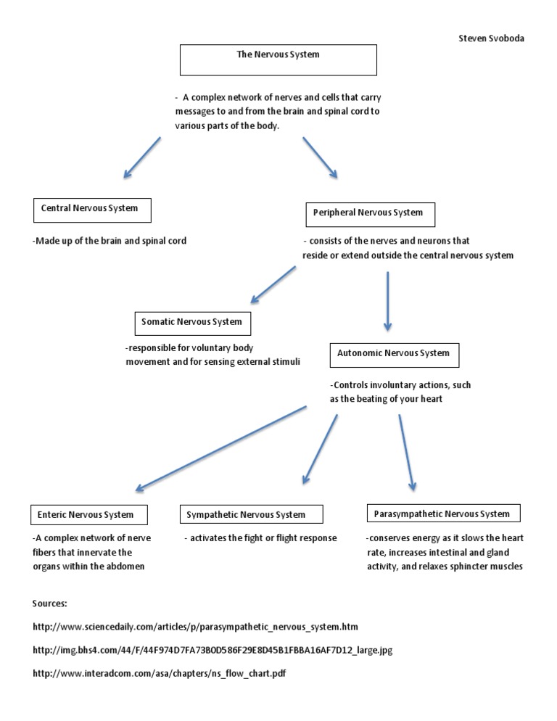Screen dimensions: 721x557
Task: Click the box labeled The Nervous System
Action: [x=278, y=60]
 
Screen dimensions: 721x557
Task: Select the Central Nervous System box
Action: [x=95, y=209]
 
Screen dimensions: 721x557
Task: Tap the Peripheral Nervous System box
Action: [x=371, y=214]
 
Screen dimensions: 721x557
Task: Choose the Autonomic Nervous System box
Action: [x=394, y=354]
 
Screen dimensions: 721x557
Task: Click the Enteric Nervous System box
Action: [x=89, y=515]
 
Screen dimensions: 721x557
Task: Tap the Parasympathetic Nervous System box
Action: [x=442, y=514]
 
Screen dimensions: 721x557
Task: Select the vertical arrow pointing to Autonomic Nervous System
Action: [x=388, y=301]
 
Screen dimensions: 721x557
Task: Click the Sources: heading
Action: [x=50, y=603]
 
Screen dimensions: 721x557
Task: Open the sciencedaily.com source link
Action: [x=196, y=626]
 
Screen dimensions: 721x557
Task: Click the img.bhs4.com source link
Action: [x=213, y=650]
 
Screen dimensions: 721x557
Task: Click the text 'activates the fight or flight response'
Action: [x=260, y=538]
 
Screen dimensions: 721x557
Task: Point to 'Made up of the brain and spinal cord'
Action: [x=110, y=241]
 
